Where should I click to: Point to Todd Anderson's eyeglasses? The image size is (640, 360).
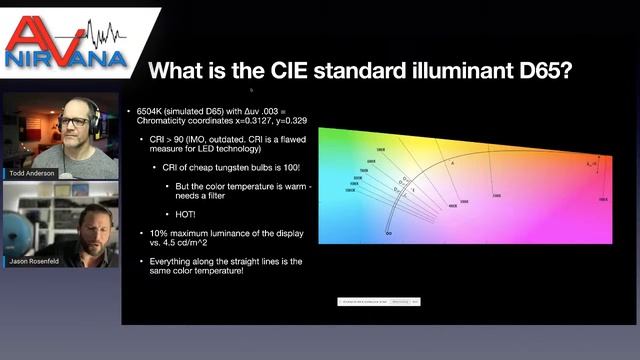tap(75, 121)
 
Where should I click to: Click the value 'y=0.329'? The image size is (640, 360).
tap(289, 119)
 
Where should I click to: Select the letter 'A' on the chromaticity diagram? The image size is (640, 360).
tap(453, 162)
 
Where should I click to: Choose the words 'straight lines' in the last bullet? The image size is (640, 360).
tap(229, 260)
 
